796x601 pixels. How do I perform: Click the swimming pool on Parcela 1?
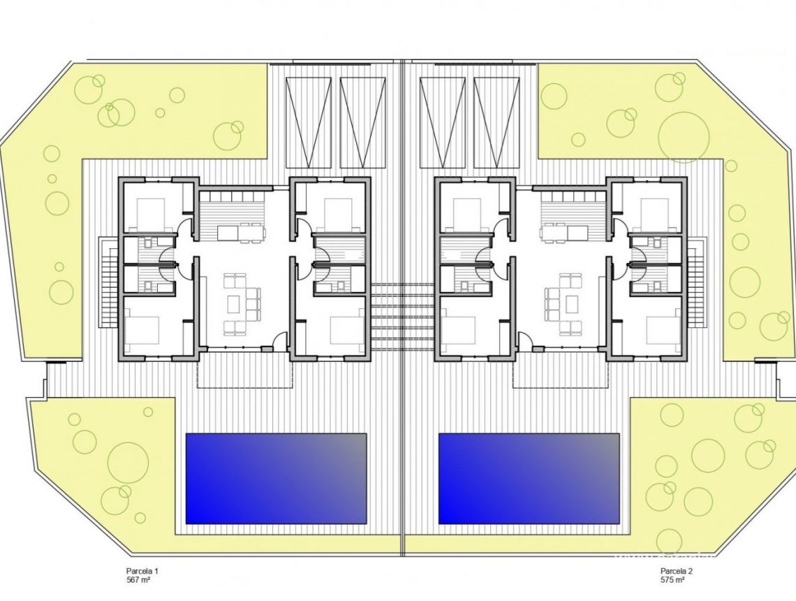coord(276,478)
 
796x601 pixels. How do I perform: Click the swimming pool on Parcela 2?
coord(529,478)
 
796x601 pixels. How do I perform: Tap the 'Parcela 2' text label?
coord(676,571)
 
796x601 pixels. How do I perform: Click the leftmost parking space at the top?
coord(308,122)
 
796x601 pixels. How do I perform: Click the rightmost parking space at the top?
coord(496,122)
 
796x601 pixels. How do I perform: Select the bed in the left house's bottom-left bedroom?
coord(143,330)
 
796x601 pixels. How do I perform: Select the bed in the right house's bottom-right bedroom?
coord(662,330)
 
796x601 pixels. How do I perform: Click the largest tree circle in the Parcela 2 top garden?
coord(684,137)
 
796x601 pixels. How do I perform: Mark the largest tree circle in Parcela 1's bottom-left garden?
coord(128,462)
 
